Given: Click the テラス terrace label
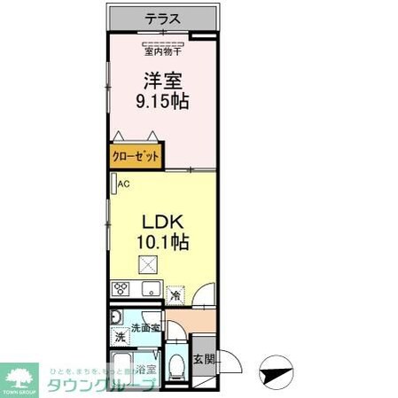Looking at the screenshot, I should pyautogui.click(x=163, y=18).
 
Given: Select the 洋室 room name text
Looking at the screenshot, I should pyautogui.click(x=162, y=80).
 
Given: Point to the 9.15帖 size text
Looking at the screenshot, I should pyautogui.click(x=162, y=101).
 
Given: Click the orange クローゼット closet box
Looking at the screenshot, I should pyautogui.click(x=136, y=156).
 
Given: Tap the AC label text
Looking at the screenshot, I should pyautogui.click(x=124, y=184).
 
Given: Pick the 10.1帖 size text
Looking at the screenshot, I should pyautogui.click(x=160, y=241).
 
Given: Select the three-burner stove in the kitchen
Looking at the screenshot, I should pyautogui.click(x=121, y=289).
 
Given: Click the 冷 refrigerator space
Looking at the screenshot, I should pyautogui.click(x=176, y=293).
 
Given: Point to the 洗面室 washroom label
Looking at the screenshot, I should pyautogui.click(x=145, y=328).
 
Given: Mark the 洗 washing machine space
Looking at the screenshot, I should pyautogui.click(x=119, y=337).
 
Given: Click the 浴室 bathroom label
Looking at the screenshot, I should pyautogui.click(x=144, y=370).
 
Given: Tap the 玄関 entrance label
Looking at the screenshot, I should pyautogui.click(x=204, y=359).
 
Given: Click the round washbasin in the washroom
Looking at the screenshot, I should pyautogui.click(x=116, y=317).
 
